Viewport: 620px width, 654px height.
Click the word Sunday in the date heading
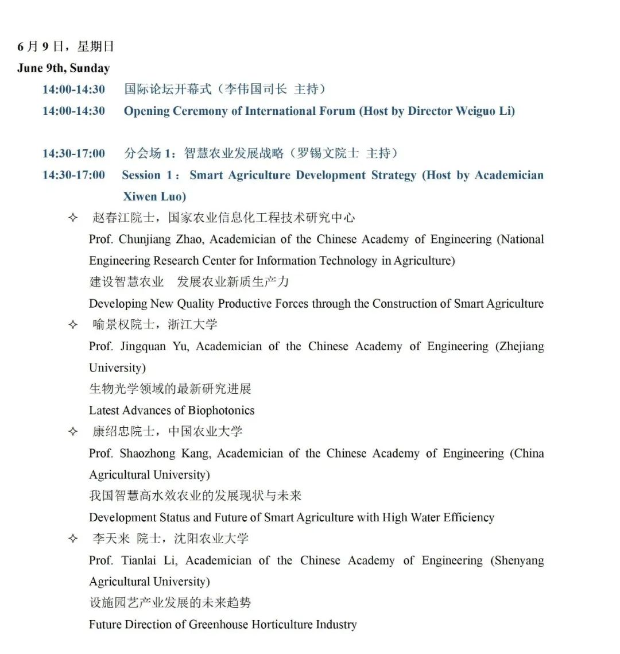(x=90, y=68)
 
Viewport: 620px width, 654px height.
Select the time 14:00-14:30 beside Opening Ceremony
(x=73, y=111)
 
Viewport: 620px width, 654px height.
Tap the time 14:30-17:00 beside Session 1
(x=73, y=175)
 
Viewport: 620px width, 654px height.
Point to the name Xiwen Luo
(x=154, y=196)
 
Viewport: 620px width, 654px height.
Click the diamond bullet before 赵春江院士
(x=73, y=218)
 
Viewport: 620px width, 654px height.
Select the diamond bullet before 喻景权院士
(x=73, y=324)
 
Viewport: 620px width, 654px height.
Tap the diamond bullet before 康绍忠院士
(x=73, y=431)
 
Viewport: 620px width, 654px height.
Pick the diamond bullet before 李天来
(x=73, y=538)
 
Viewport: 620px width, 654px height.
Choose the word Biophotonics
(x=221, y=411)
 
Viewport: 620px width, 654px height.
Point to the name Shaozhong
(x=148, y=454)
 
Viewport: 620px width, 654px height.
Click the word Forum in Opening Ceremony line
(x=337, y=111)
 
